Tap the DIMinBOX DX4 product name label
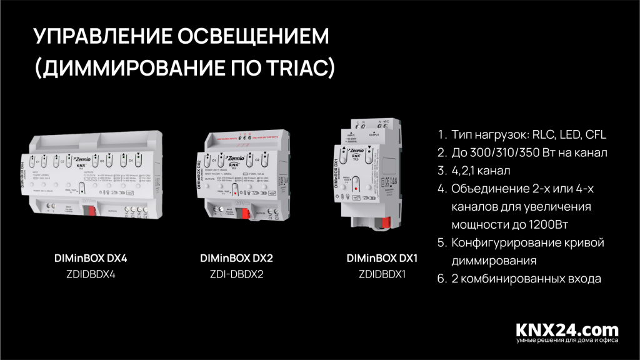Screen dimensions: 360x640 point(91,257)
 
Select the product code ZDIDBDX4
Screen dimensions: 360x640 point(91,274)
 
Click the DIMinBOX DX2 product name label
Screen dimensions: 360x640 point(237,257)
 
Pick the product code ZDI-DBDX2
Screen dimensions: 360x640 point(237,274)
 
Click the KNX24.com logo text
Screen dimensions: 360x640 point(567,329)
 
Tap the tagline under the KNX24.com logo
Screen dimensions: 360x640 point(567,341)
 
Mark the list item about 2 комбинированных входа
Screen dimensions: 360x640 point(526,279)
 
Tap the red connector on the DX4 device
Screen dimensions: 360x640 point(88,206)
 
